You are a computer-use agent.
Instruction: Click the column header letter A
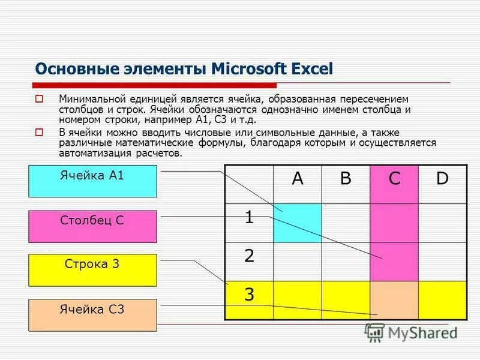tap(297, 178)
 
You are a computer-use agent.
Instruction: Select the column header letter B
tap(345, 178)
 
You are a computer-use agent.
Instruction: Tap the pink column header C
tap(394, 178)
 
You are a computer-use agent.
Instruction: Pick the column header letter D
tap(442, 178)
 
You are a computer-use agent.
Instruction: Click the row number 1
tap(248, 218)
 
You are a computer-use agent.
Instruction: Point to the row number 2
tap(248, 256)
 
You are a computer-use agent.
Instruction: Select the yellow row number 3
tap(248, 295)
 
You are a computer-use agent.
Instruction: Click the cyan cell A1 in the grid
tap(298, 223)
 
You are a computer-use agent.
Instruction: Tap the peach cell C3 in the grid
tap(394, 300)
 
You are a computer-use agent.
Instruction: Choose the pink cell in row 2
tap(394, 261)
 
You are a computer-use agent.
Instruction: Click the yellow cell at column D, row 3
tap(442, 300)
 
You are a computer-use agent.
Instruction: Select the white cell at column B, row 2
tap(346, 261)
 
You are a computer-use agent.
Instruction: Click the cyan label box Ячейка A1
tap(92, 181)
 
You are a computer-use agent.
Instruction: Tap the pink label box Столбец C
tap(92, 226)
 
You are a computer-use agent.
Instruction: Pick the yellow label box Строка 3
tap(92, 270)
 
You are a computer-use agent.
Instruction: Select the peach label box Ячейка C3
tap(92, 315)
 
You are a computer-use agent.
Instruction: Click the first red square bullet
tap(40, 99)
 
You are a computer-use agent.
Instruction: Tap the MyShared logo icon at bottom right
tap(374, 332)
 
